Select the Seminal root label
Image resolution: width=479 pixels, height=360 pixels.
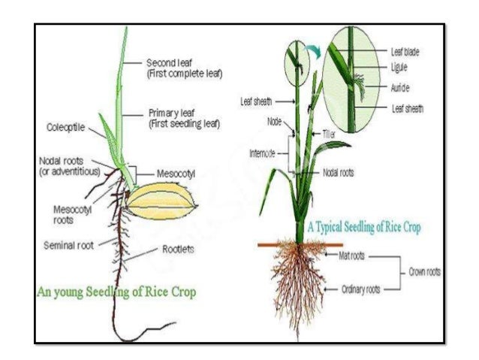pyautogui.click(x=68, y=245)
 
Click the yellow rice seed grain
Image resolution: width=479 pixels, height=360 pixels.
pyautogui.click(x=161, y=201)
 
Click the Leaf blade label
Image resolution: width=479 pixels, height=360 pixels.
pyautogui.click(x=405, y=52)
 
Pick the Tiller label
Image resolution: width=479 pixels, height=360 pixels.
pyautogui.click(x=328, y=133)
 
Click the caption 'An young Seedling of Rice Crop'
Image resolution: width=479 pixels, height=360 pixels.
pyautogui.click(x=117, y=292)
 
